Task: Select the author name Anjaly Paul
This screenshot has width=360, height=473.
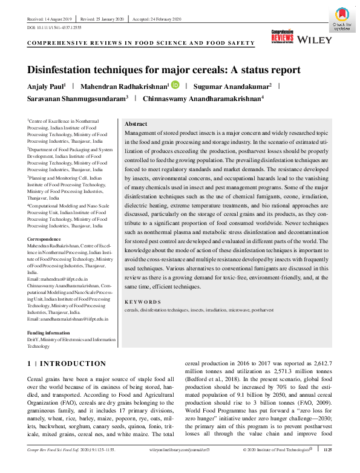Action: coord(46,86)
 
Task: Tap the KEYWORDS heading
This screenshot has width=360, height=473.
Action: coord(143,302)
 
